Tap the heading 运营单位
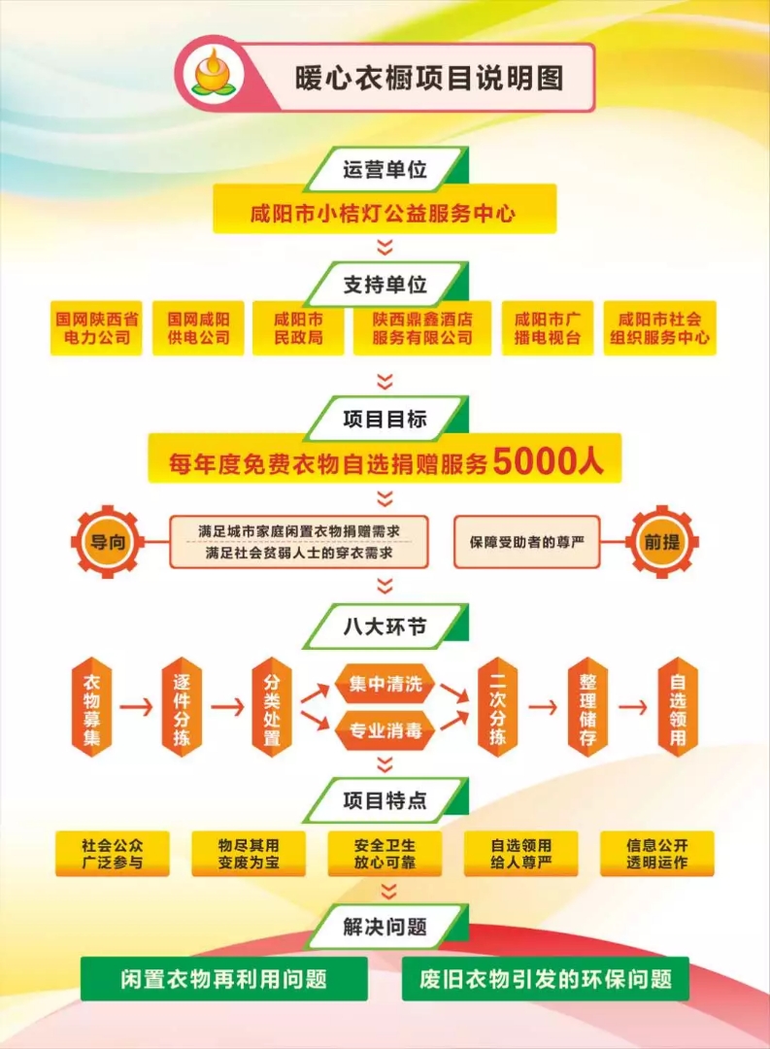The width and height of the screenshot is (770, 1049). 385,169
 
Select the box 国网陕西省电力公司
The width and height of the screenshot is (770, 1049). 96,328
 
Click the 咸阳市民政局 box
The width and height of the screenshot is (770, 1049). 298,328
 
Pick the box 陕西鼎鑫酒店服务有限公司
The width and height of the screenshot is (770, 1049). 422,328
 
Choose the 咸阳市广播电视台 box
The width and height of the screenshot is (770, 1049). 548,328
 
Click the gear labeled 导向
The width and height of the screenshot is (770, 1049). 108,542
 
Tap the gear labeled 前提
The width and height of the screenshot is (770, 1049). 661,542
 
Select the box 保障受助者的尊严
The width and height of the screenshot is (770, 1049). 526,542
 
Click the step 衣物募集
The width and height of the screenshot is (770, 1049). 91,707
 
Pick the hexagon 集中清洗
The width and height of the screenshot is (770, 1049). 385,684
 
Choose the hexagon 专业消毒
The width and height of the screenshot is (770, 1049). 385,730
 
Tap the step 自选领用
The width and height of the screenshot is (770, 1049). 678,707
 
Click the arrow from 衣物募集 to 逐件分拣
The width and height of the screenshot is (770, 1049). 137,707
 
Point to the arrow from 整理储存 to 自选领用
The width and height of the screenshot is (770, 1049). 633,707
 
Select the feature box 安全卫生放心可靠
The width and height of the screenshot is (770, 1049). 385,854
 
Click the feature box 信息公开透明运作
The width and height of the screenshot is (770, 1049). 657,854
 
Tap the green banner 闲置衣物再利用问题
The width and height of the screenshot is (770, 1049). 224,979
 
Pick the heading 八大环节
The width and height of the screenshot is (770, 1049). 385,626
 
